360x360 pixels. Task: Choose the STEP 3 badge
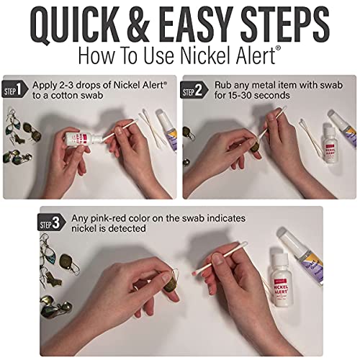[x=56, y=223]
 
